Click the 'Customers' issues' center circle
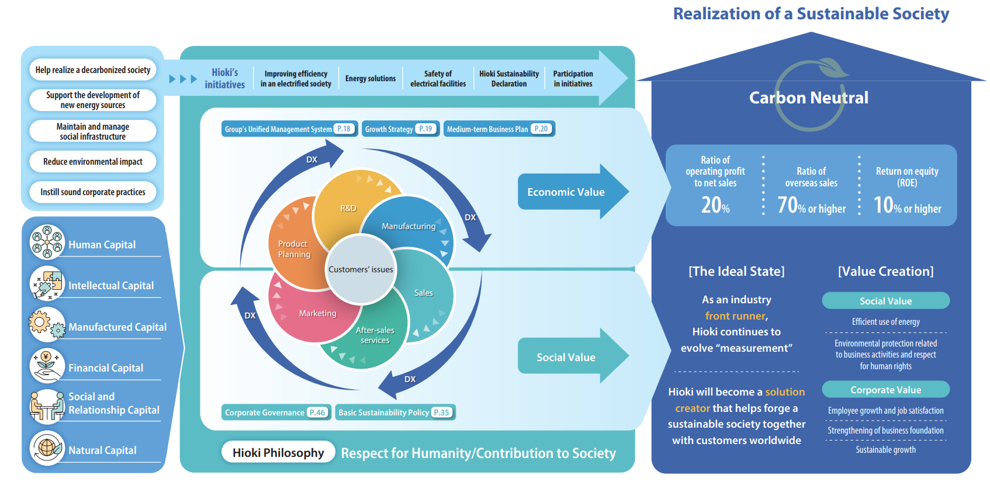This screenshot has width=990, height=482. [361, 269]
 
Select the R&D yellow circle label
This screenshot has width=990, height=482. [348, 208]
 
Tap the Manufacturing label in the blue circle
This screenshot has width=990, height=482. [409, 226]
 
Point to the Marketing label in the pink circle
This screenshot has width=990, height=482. [317, 313]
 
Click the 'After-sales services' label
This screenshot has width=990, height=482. [375, 335]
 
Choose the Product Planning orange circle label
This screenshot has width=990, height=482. [294, 249]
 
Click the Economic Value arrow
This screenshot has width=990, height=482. [570, 192]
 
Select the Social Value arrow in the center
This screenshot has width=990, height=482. [570, 357]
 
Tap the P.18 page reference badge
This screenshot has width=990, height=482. [344, 129]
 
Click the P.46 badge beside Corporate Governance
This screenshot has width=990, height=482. [317, 412]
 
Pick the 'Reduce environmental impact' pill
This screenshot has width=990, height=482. [93, 162]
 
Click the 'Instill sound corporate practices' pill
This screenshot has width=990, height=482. [93, 192]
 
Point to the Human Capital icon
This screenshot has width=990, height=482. [47, 242]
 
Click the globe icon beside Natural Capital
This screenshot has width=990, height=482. [47, 448]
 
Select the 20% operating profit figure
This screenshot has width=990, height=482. [715, 205]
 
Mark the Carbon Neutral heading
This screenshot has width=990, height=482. [809, 98]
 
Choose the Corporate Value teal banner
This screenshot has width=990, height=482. [885, 390]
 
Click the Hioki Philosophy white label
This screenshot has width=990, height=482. [278, 453]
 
